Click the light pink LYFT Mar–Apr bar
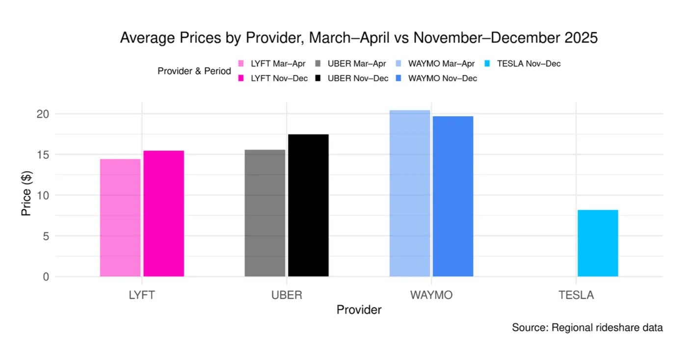pos(120,218)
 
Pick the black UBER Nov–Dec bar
pos(308,206)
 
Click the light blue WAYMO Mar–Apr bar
pos(410,193)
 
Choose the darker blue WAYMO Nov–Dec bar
pos(453,196)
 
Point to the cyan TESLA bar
pos(598,243)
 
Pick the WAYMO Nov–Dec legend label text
pos(443,78)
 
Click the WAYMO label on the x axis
pos(431,295)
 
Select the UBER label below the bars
pos(287,295)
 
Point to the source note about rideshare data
pos(587,328)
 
